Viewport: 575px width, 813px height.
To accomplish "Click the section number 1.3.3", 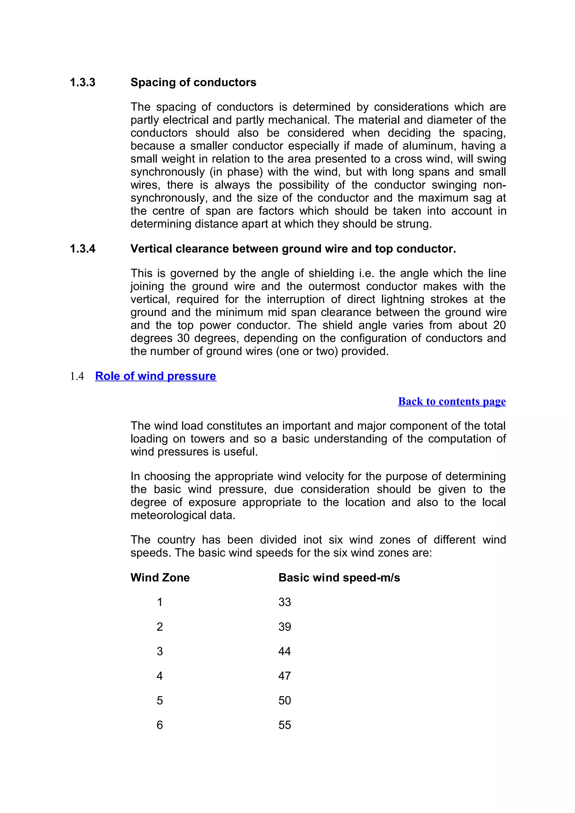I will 83,82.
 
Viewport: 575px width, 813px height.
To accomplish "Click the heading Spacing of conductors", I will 193,82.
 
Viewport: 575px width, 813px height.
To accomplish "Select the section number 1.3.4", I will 83,249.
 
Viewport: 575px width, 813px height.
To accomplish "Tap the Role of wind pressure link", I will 156,376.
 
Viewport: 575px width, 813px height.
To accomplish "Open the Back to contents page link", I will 452,401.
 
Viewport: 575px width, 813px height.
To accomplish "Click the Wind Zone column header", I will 160,578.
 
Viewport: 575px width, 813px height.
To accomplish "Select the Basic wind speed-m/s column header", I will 339,578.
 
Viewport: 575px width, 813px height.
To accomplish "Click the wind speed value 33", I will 284,602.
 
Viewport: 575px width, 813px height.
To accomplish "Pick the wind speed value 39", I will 284,627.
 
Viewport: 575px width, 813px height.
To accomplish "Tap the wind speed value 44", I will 284,651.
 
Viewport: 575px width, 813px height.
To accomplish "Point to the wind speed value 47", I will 284,676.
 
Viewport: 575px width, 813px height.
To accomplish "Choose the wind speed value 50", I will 284,701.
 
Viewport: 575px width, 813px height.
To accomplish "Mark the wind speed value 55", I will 284,725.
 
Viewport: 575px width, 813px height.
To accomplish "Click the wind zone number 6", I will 159,725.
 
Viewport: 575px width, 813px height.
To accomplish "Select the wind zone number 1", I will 159,602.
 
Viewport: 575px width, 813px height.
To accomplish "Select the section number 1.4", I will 77,376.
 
